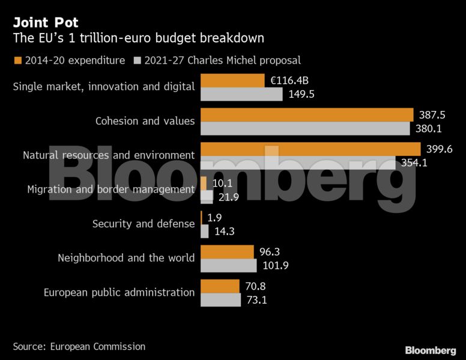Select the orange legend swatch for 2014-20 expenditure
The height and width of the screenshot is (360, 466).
(x=17, y=60)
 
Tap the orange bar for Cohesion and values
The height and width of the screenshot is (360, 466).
(x=307, y=115)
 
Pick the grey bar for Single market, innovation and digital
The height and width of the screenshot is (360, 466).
(x=241, y=94)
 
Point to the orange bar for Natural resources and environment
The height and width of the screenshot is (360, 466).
(x=310, y=149)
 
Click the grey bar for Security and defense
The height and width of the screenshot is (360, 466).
(x=204, y=231)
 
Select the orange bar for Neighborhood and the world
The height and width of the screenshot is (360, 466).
(x=227, y=251)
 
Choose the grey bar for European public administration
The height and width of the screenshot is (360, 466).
(x=220, y=299)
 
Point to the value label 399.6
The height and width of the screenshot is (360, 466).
(x=439, y=149)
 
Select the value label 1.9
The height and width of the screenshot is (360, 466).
(x=215, y=217)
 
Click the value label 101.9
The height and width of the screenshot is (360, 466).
(x=274, y=265)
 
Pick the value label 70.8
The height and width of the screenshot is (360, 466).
(x=255, y=286)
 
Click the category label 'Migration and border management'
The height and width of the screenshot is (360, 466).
(x=111, y=190)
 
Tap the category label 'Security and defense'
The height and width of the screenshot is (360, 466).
(x=144, y=224)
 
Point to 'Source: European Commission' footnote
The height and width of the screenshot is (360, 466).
(x=79, y=346)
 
